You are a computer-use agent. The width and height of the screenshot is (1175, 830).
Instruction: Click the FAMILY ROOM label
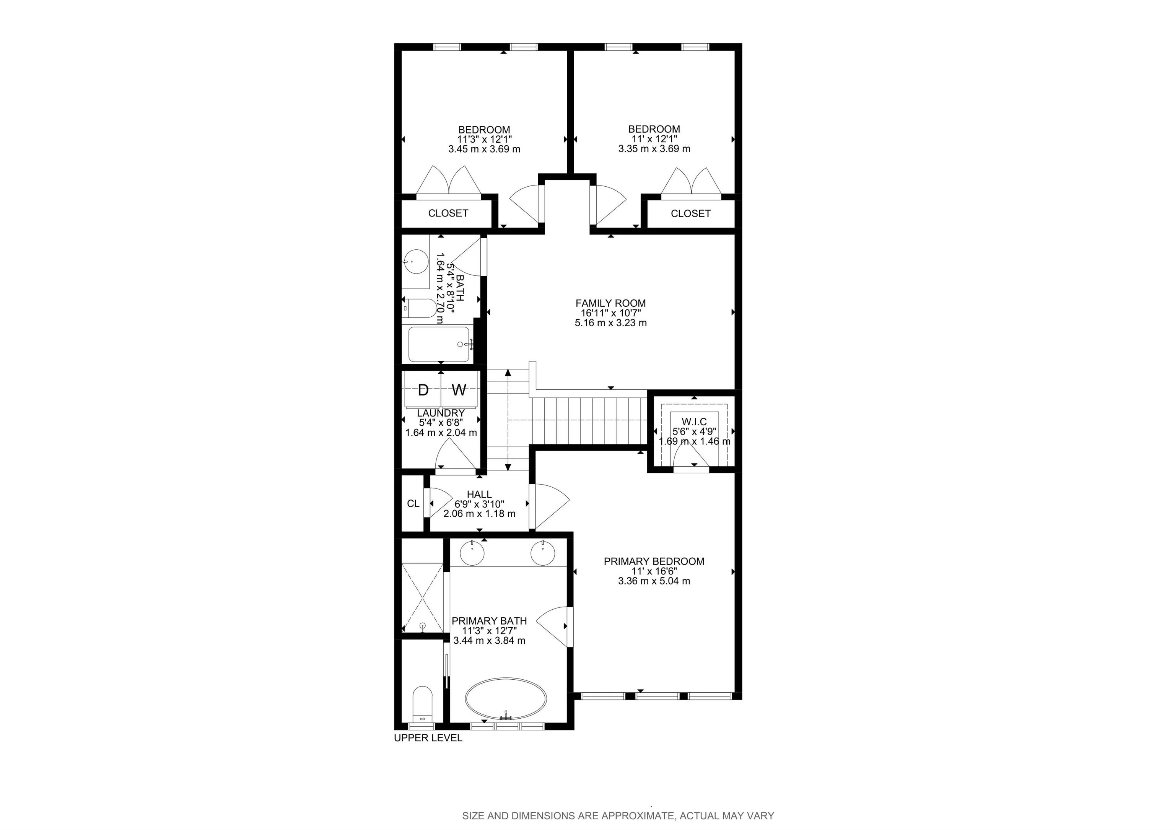pos(610,303)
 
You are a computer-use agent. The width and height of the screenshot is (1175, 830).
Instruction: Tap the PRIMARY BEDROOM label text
pos(654,561)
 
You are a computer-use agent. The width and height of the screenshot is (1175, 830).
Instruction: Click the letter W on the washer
pos(459,390)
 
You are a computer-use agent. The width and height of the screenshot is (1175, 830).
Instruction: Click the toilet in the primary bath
pos(422,704)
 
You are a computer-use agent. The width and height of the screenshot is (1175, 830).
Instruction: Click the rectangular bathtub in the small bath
pos(439,344)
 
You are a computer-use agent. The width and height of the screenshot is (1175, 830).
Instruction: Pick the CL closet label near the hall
pos(413,503)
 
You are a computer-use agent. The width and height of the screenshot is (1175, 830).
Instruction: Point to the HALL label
pos(480,494)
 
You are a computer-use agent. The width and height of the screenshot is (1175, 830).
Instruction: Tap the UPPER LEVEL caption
pos(428,738)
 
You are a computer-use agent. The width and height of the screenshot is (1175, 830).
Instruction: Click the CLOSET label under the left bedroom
pos(448,213)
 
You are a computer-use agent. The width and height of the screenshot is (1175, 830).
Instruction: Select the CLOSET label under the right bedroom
pos(691,213)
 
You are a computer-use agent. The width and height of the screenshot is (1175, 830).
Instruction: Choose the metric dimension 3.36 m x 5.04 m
pos(654,581)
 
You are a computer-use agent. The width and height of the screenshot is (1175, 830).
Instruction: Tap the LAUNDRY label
pos(441,413)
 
